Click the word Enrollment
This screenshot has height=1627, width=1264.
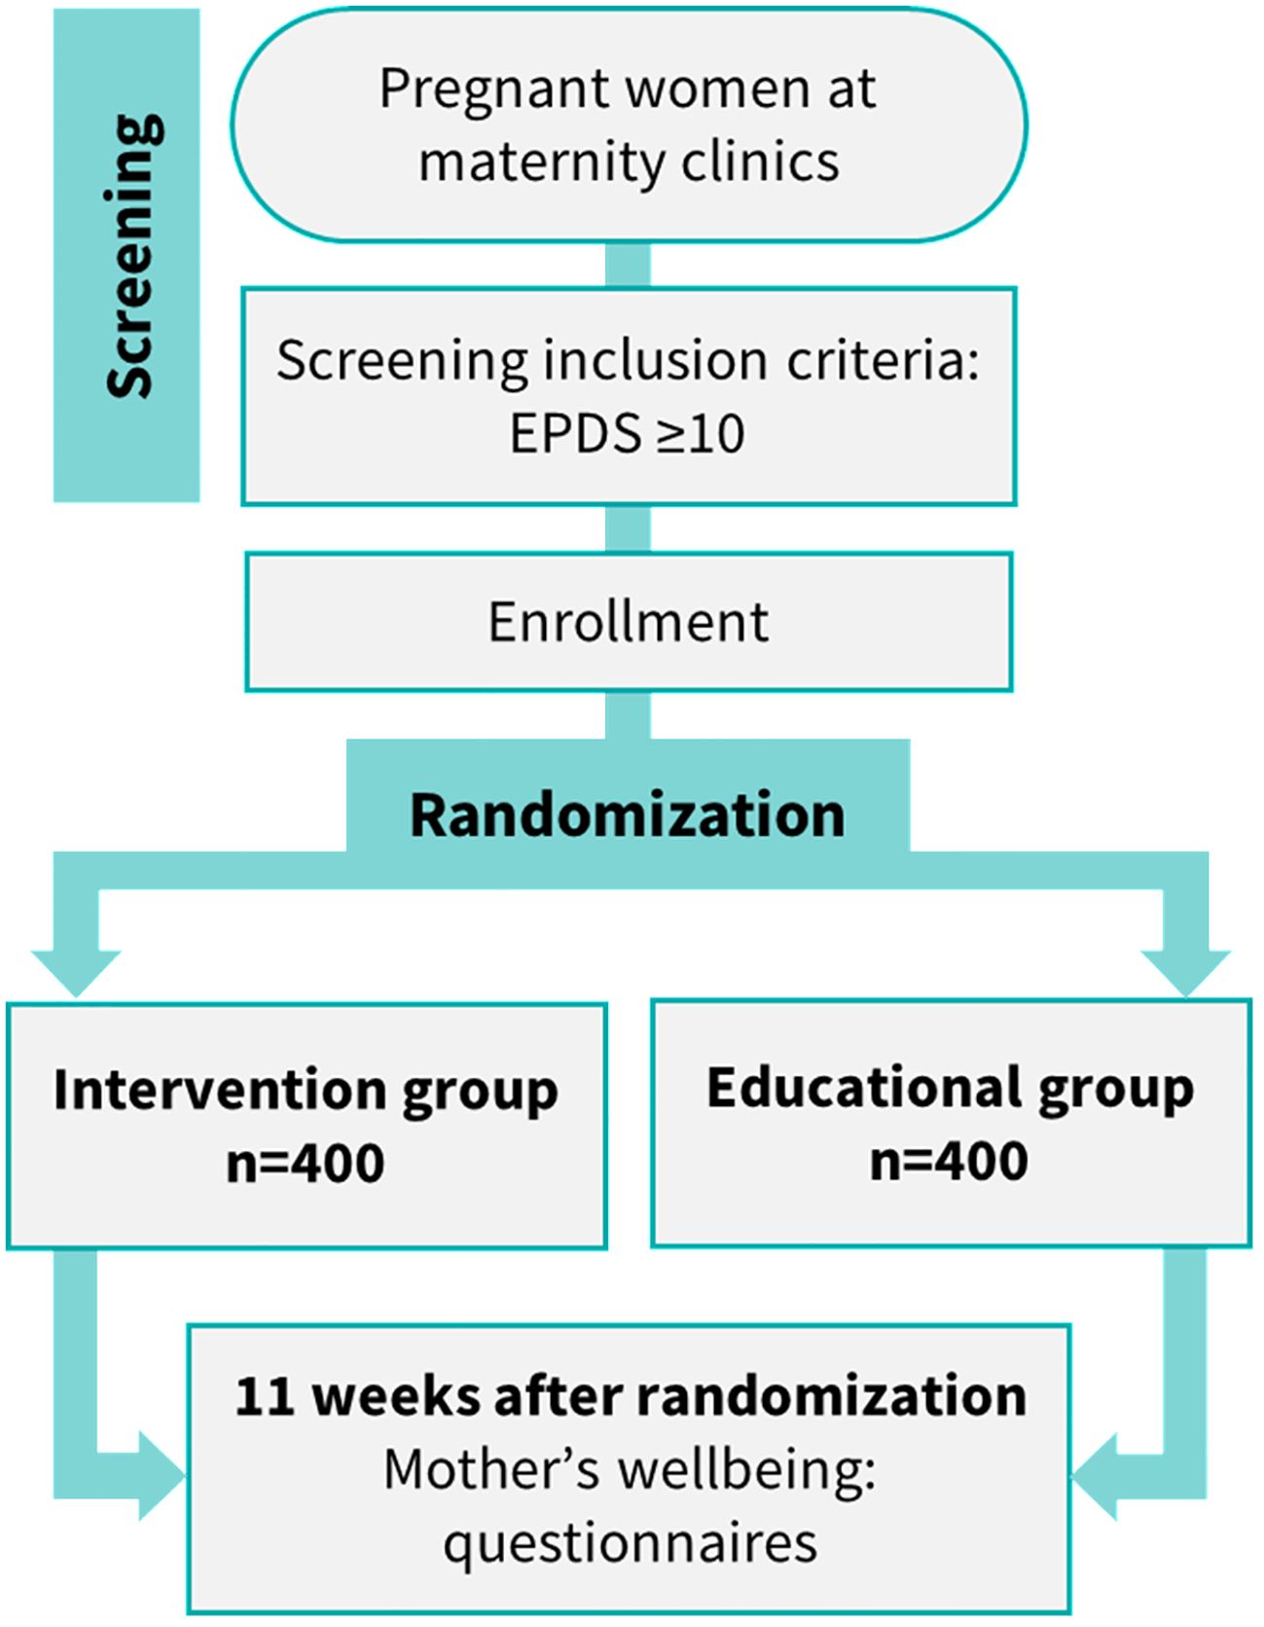(x=628, y=622)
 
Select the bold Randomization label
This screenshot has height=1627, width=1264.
(x=628, y=814)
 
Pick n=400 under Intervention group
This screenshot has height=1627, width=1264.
(x=306, y=1163)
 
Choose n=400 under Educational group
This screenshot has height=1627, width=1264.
(x=949, y=1161)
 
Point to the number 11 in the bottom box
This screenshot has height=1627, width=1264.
(x=264, y=1396)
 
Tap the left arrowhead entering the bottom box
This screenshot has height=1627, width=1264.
(x=160, y=1475)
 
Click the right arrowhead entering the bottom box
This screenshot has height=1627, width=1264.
(x=1097, y=1475)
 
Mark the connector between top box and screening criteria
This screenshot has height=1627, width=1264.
(x=628, y=265)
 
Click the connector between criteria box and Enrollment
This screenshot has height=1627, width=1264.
(x=628, y=529)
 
